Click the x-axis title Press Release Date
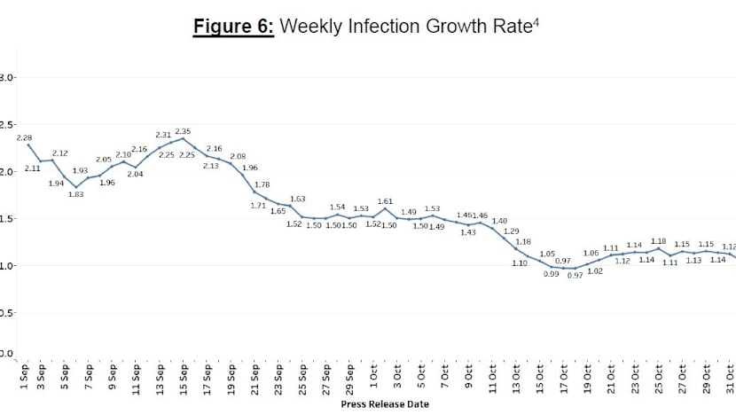(387, 404)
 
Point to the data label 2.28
(25, 138)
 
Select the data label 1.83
(74, 194)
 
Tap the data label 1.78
(262, 184)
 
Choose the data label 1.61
(385, 201)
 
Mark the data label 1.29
(512, 231)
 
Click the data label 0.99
(551, 275)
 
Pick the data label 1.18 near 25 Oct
(659, 240)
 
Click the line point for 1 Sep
(27, 145)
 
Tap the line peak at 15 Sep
(184, 138)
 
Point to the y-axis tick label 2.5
(6, 125)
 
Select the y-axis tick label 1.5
(6, 218)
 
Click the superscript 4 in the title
(536, 23)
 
